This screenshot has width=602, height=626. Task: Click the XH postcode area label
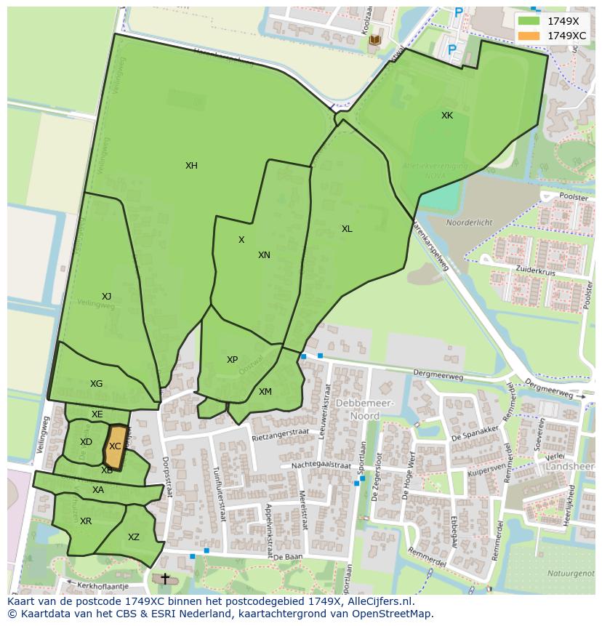coord(191,166)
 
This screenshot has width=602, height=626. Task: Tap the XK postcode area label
coord(446,116)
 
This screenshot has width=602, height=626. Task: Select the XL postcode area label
coord(347,229)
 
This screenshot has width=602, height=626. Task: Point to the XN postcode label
coord(264,255)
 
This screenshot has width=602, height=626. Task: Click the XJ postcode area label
coord(106,296)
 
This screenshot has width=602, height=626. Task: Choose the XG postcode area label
coord(96,384)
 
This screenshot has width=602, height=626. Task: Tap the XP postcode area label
coord(232,360)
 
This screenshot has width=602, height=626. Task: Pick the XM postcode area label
coord(265,392)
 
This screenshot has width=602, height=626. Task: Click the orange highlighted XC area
coord(114,447)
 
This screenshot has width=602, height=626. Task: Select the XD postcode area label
coord(86,442)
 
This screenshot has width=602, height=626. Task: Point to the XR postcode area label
coord(86,521)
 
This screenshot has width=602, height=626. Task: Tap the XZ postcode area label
coord(134,537)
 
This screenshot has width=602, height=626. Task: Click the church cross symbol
coord(165,579)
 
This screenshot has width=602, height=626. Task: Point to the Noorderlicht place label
coord(469,222)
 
